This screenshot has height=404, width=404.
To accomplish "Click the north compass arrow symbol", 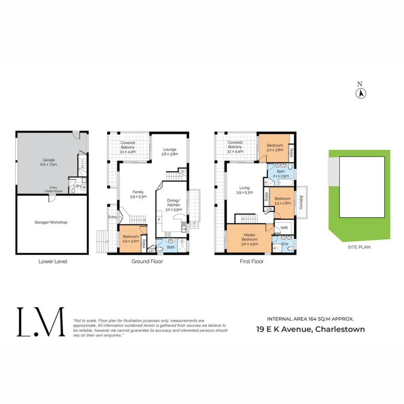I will coord(361,94).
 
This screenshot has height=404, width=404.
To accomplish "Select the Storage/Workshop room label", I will coord(53,222).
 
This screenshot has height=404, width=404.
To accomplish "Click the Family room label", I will coord(138,194).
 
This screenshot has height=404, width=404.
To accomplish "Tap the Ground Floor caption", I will coord(147,261).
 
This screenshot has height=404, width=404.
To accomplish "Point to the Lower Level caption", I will coord(53,261).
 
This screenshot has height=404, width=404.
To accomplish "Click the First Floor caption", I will coord(252,261).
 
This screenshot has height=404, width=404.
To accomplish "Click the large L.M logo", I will coord(40,322).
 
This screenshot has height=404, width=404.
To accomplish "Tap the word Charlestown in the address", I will coord(340,330).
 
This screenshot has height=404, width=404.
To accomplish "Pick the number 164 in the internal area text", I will coord(313,319).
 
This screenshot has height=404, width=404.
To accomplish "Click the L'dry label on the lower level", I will coord(77,186).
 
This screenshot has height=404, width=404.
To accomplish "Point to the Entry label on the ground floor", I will coord(112,217).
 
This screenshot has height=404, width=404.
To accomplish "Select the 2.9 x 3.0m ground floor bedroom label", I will coord(131,241).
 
